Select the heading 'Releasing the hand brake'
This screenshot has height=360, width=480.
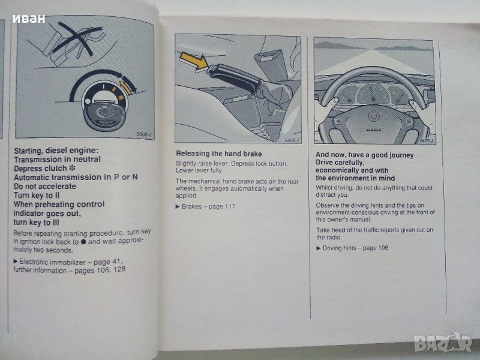(x=219, y=154)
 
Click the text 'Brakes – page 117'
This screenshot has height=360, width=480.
(x=208, y=206)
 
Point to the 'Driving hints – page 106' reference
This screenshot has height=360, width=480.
(x=355, y=248)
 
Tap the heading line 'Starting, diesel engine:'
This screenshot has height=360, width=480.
(x=56, y=151)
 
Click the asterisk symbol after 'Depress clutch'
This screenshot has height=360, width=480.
(x=72, y=168)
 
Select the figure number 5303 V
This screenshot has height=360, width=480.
(x=144, y=134)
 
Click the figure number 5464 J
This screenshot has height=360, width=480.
(x=292, y=140)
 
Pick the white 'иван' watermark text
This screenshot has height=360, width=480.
(x=29, y=19)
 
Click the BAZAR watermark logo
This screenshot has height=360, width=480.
(x=443, y=342)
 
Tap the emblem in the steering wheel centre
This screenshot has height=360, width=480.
(x=373, y=116)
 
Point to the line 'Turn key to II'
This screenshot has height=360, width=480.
(x=37, y=196)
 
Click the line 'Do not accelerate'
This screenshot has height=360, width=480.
(x=44, y=187)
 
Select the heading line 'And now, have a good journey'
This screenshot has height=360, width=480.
(x=365, y=155)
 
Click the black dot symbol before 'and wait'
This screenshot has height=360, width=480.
(x=83, y=242)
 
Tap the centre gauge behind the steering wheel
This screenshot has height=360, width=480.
(x=373, y=94)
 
